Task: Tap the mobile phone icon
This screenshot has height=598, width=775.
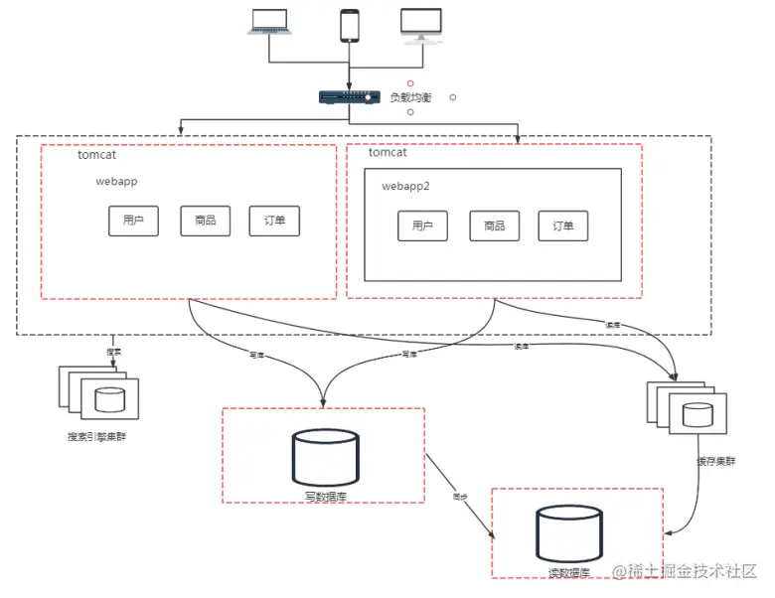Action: pos(349,26)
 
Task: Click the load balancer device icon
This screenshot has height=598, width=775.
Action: pos(349,96)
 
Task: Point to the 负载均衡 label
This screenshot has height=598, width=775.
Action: pos(410,97)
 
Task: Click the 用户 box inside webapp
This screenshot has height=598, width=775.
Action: pos(133,221)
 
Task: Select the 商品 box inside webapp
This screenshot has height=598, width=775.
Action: pos(205,221)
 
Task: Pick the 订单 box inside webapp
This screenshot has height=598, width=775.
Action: pos(274,221)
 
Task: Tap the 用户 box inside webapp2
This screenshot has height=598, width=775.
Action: pos(422,225)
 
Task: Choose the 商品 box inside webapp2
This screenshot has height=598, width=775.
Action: pos(494,225)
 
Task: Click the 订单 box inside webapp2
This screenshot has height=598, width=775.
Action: pos(562,225)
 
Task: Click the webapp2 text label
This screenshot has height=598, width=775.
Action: pos(406,186)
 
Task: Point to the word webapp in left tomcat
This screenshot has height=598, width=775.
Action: pos(117,182)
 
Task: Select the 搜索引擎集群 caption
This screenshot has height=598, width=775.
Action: pos(96,436)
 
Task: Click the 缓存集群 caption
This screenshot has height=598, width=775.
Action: pos(716,461)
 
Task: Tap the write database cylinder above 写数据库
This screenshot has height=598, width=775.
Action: pos(325,456)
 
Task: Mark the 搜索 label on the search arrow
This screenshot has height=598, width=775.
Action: pos(113,352)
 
